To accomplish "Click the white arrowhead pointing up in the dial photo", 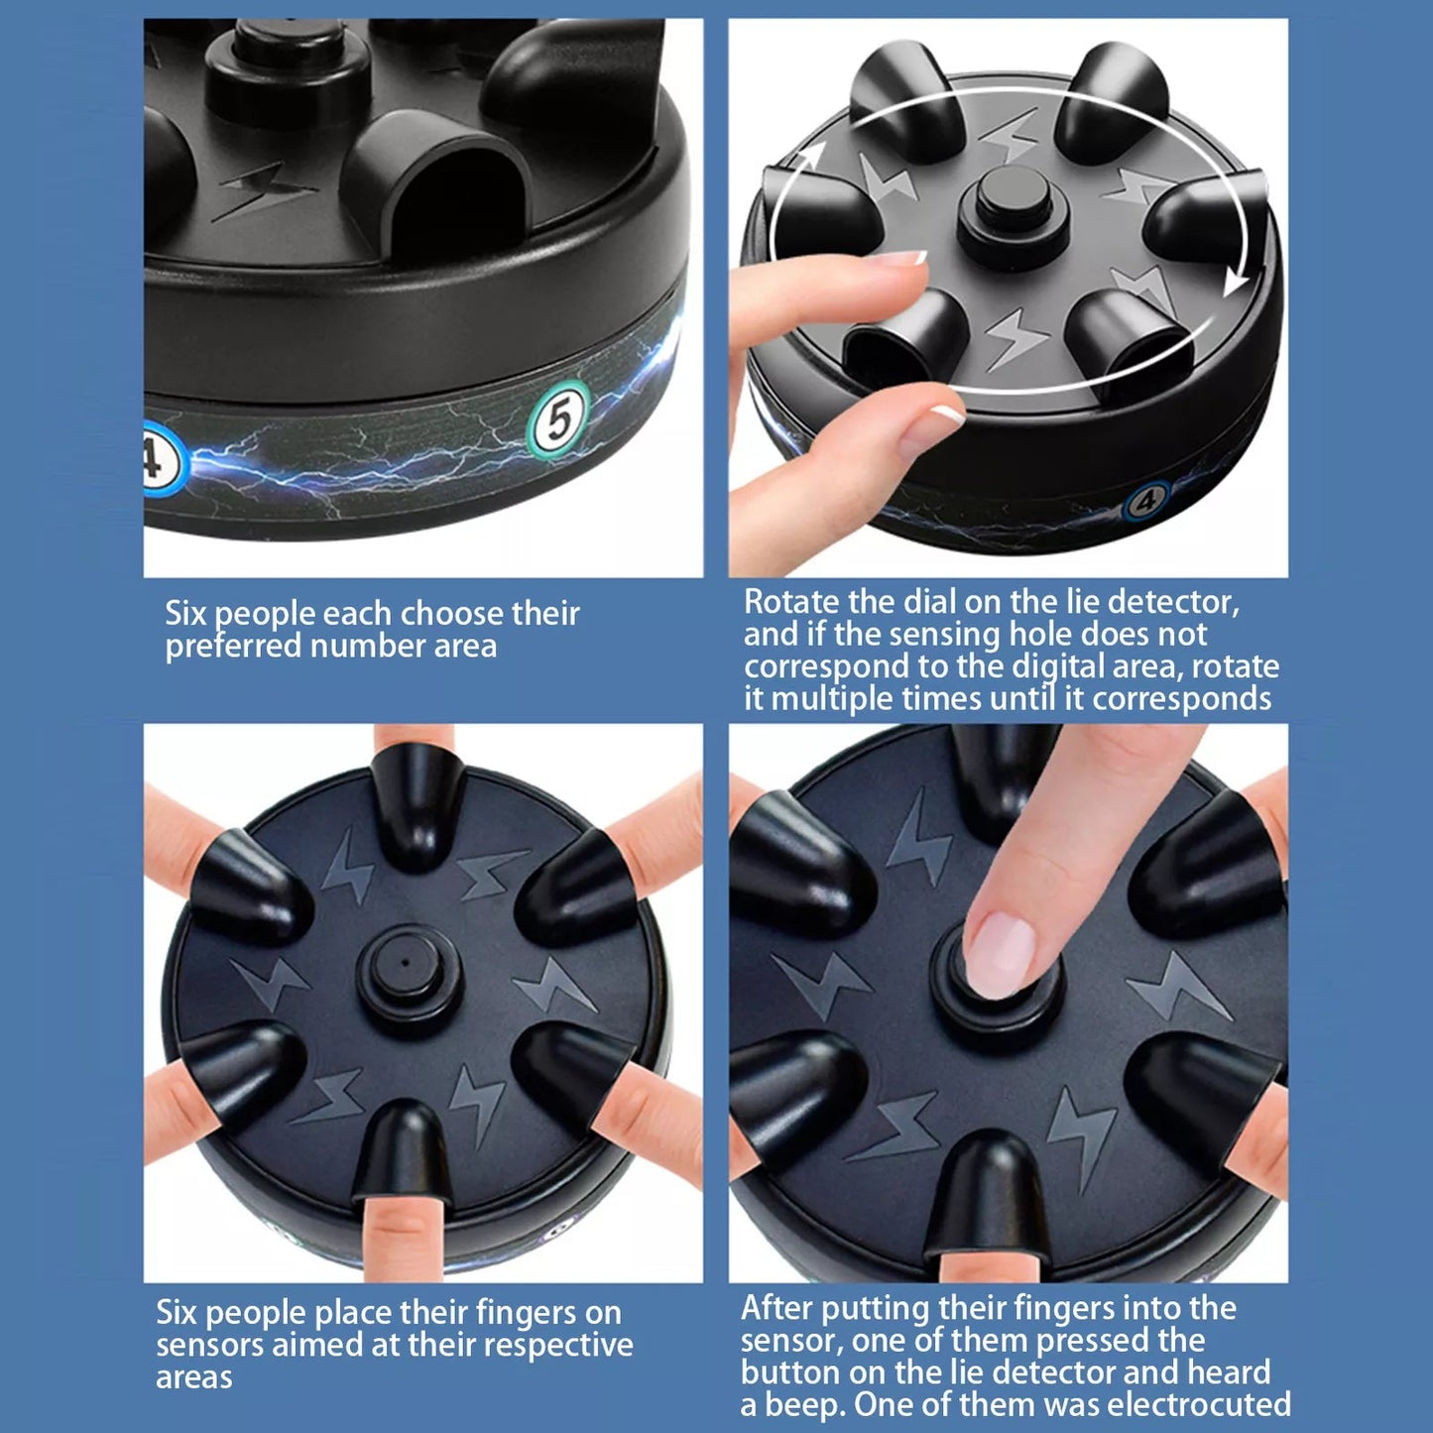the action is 810,161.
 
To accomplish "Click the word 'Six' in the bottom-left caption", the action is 177,1313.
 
